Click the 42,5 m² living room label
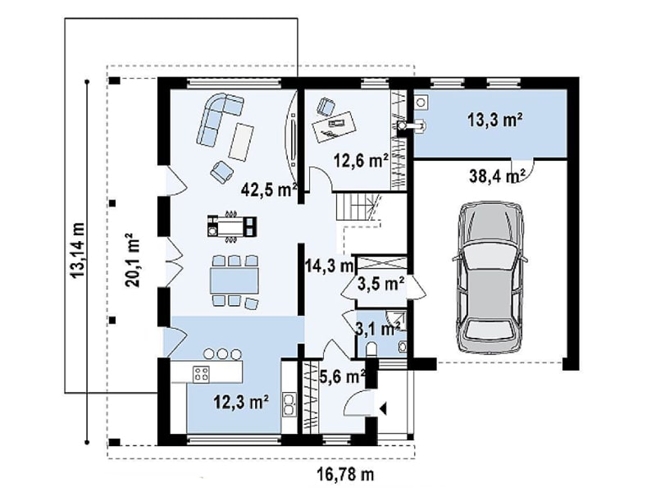269,190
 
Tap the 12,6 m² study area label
361,160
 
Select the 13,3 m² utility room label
494,120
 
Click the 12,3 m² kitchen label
241,403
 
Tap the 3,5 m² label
380,284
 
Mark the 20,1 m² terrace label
132,260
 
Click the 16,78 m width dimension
345,475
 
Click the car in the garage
490,278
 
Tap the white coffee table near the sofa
242,141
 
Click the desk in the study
335,126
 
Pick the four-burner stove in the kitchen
201,374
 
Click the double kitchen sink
289,404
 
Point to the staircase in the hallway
359,208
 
